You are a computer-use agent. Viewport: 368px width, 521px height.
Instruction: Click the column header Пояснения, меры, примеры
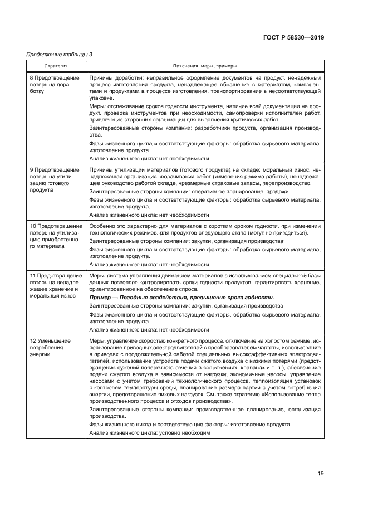point(204,65)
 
